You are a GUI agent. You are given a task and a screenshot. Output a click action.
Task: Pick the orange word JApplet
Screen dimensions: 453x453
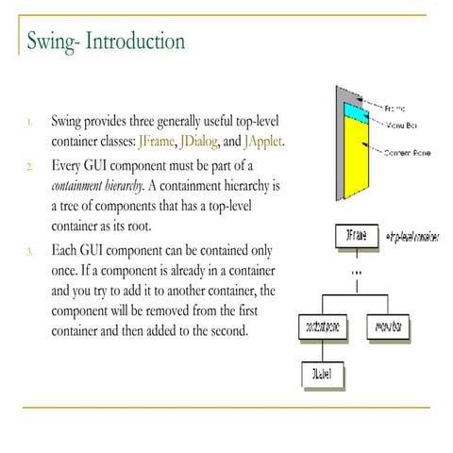[262, 143]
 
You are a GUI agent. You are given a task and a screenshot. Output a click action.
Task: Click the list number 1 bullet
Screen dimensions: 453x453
[30, 122]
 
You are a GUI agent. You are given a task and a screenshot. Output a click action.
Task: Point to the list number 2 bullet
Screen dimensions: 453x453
[30, 165]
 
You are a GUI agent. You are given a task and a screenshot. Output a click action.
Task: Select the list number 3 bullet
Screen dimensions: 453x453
[30, 251]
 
